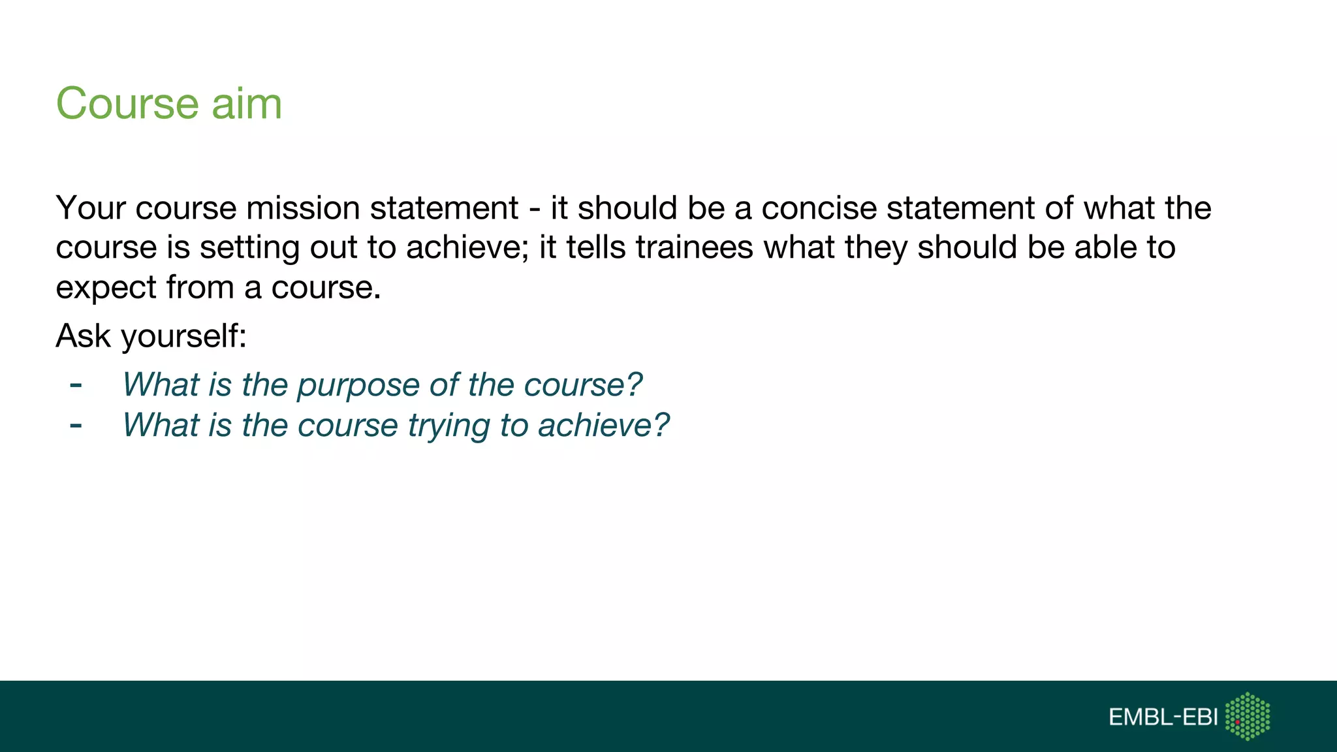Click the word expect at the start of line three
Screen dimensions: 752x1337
tap(106, 288)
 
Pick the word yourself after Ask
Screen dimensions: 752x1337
tap(183, 336)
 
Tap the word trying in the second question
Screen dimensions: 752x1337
tap(449, 426)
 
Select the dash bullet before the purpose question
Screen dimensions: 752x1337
tap(76, 385)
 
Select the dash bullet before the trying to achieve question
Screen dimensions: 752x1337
tap(76, 426)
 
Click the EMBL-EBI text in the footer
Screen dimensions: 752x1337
tap(1163, 717)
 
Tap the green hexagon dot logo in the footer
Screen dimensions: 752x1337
tap(1248, 716)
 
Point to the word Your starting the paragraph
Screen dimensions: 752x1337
tap(91, 208)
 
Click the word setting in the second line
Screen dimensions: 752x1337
tap(249, 249)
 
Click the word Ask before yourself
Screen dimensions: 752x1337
tap(83, 336)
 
